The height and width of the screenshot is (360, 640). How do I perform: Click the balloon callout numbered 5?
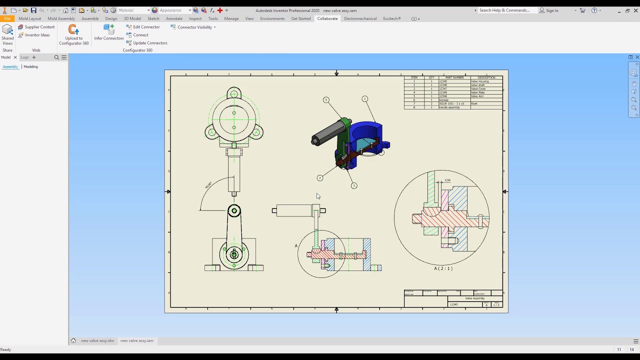(326, 100)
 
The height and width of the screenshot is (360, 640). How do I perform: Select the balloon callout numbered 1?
(364, 99)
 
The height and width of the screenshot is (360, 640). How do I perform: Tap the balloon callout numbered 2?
(320, 178)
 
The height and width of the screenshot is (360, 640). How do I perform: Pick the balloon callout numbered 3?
(354, 186)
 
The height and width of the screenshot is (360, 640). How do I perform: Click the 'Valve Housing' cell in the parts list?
(480, 81)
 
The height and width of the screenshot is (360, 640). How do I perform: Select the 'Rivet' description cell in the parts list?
(474, 104)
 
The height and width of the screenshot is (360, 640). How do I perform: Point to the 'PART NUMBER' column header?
(454, 77)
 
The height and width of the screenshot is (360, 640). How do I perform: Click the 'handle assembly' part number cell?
(449, 107)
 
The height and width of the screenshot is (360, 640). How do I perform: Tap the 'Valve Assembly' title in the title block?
(475, 298)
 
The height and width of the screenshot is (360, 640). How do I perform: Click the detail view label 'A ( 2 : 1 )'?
(443, 268)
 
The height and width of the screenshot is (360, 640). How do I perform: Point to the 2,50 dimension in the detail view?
(447, 180)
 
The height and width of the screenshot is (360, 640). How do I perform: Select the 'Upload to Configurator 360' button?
(74, 35)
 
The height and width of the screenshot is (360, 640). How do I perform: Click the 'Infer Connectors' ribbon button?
(109, 33)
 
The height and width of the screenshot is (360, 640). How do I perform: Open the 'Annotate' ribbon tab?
(174, 18)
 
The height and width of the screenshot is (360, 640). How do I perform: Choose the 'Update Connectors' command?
(150, 43)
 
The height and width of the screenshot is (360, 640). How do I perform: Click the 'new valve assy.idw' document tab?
(97, 340)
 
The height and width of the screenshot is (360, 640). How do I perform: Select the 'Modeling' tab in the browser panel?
(30, 66)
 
